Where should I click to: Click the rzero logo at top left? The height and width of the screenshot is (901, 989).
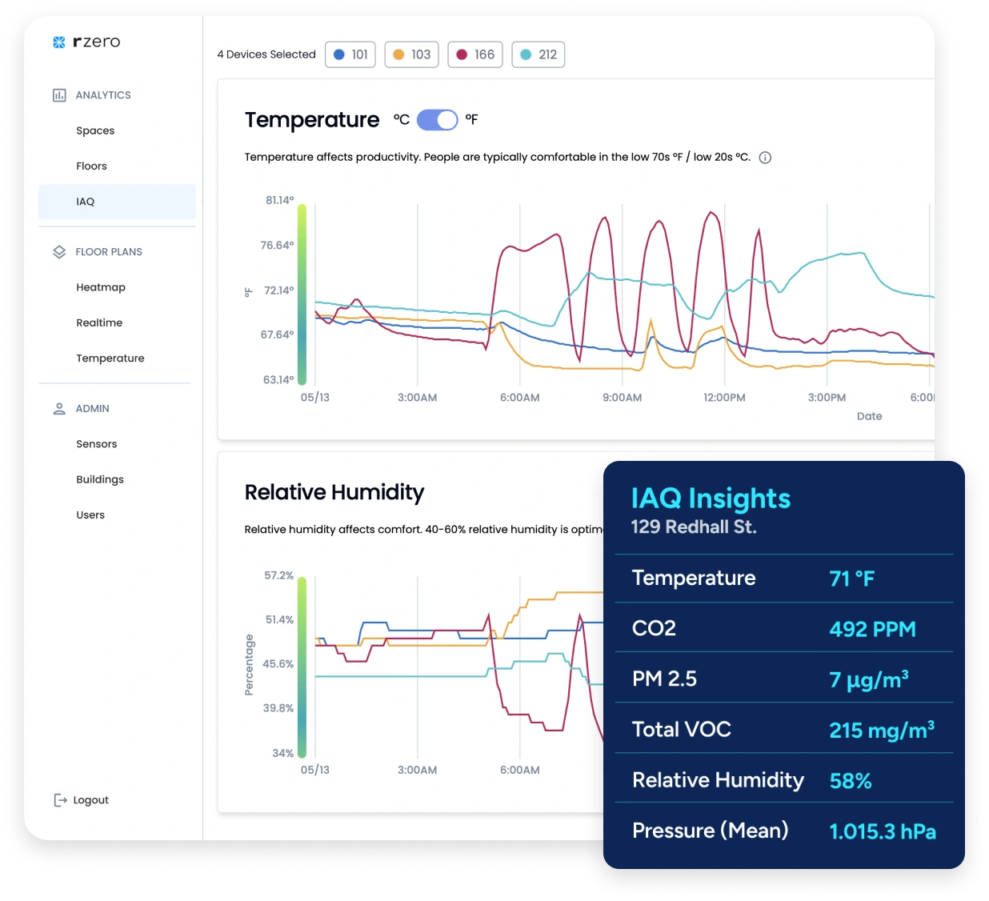tap(86, 42)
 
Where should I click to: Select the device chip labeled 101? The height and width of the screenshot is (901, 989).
tap(350, 54)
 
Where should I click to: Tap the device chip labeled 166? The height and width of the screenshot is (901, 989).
tap(475, 54)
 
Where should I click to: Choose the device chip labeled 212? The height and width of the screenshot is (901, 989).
tap(539, 54)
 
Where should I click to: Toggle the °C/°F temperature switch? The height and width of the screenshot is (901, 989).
tap(437, 120)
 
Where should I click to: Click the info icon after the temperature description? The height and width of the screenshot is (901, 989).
tap(765, 158)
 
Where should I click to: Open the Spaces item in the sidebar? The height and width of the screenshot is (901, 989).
tap(95, 130)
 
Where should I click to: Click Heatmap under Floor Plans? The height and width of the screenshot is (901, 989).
tap(101, 287)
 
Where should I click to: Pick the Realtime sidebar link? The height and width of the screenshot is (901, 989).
tap(99, 322)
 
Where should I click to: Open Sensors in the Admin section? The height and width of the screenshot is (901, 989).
tap(97, 444)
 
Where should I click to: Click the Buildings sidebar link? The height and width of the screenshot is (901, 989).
tap(100, 479)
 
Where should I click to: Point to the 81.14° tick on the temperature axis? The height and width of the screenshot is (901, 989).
tap(280, 200)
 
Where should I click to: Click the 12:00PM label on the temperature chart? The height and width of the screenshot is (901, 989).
tap(724, 398)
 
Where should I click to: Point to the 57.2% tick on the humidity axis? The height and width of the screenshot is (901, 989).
tap(279, 575)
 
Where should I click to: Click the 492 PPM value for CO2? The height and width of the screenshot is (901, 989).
tap(872, 629)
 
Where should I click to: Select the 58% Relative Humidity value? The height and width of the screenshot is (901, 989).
tap(851, 781)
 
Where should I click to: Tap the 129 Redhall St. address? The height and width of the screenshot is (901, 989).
tap(694, 527)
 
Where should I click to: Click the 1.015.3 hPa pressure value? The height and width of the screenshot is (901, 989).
tap(883, 831)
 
